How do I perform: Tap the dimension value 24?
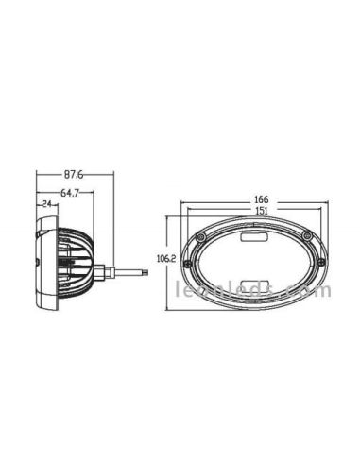click(45, 203)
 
